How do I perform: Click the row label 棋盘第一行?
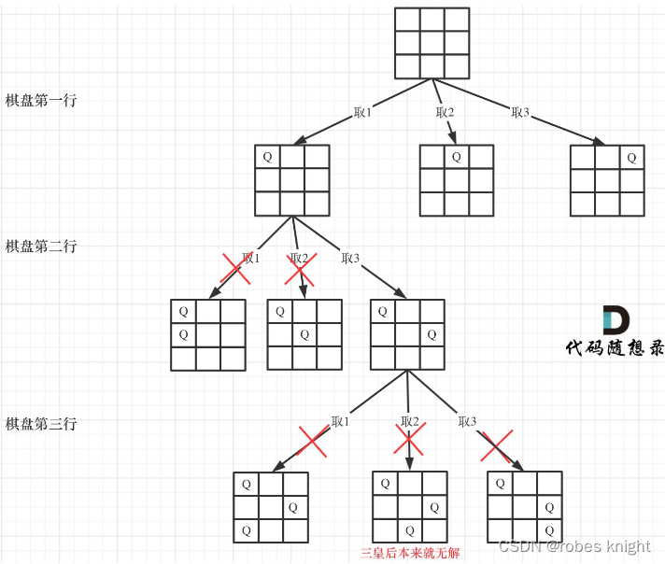pyautogui.click(x=41, y=100)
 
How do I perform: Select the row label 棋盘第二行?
pyautogui.click(x=41, y=247)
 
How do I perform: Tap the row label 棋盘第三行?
pyautogui.click(x=41, y=424)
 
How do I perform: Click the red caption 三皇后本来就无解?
pyautogui.click(x=410, y=553)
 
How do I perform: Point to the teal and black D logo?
pyautogui.click(x=615, y=320)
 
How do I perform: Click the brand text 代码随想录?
pyautogui.click(x=615, y=348)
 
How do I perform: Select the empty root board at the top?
pyautogui.click(x=432, y=44)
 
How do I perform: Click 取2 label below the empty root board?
pyautogui.click(x=445, y=113)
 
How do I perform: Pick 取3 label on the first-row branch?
pyautogui.click(x=520, y=113)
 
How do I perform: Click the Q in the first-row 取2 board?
pyautogui.click(x=456, y=157)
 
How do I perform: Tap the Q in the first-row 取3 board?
pyautogui.click(x=631, y=157)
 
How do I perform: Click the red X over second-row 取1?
pyautogui.click(x=234, y=269)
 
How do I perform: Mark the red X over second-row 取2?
pyautogui.click(x=298, y=269)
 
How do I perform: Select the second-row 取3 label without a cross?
pyautogui.click(x=351, y=259)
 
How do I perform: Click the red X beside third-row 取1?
pyautogui.click(x=313, y=442)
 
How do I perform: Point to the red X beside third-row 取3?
pyautogui.click(x=496, y=445)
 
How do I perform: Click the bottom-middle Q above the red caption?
pyautogui.click(x=409, y=530)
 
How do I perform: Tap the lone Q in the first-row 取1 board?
pyautogui.click(x=267, y=157)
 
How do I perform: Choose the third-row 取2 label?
pyautogui.click(x=410, y=422)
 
